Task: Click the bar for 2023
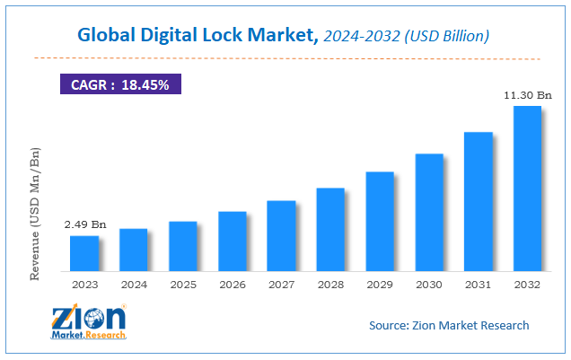(x=84, y=253)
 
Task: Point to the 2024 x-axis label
(x=134, y=286)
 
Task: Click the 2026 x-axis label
(x=233, y=286)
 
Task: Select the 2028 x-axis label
(x=330, y=286)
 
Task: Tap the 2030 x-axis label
(x=429, y=286)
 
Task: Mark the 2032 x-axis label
(x=527, y=286)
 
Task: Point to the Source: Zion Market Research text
(x=449, y=324)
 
